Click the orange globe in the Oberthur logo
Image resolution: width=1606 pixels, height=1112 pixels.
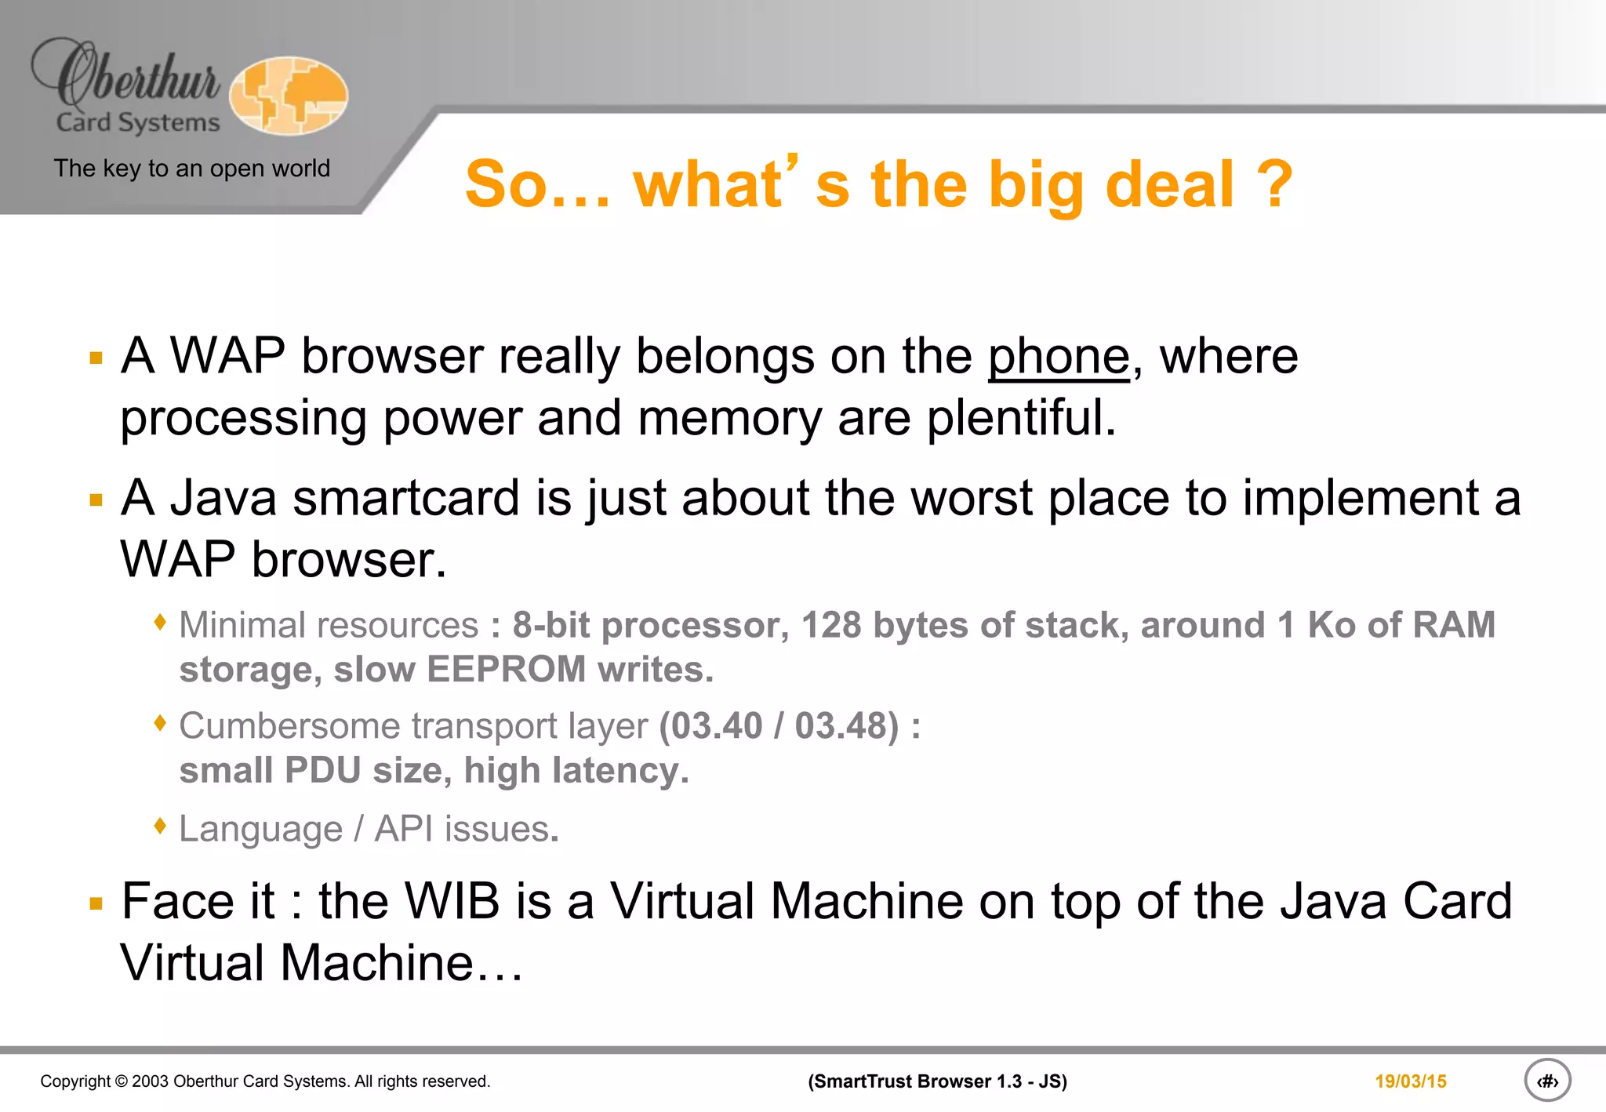[289, 96]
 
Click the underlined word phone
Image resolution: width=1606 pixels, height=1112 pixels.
[1058, 357]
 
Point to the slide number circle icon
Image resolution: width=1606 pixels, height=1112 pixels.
[1547, 1081]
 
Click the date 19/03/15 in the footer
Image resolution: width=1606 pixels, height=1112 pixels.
[1410, 1081]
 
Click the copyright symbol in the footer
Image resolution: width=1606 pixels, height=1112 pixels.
[121, 1081]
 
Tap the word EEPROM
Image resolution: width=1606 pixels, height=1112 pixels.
[506, 670]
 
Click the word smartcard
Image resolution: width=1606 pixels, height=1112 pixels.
[406, 498]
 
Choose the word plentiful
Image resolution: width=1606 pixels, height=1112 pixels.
[1021, 417]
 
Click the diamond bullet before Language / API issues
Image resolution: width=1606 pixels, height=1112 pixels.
[161, 826]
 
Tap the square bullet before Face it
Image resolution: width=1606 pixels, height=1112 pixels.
[96, 903]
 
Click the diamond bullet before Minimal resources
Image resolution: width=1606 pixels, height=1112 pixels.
[161, 623]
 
